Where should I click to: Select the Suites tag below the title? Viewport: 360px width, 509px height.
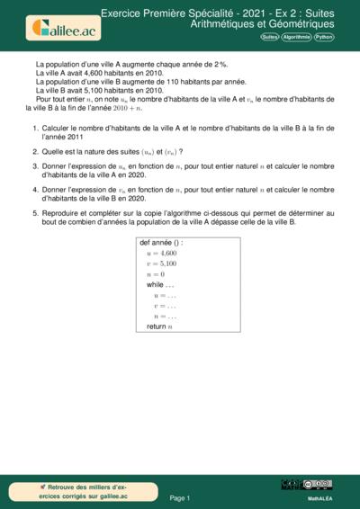coord(269,38)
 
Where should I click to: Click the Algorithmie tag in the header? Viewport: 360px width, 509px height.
coord(297,38)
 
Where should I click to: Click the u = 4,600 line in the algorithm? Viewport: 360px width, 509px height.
coord(161,254)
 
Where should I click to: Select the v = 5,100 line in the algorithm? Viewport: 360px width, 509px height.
coord(161,264)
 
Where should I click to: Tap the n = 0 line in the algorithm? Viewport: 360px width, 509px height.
coord(156,274)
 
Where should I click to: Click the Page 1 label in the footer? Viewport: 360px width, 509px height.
coord(179,497)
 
